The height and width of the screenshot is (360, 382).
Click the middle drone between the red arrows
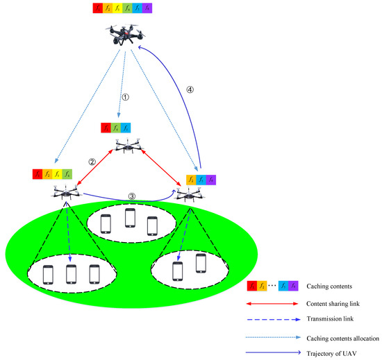click(x=126, y=145)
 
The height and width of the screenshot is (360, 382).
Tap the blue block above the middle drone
click(x=126, y=128)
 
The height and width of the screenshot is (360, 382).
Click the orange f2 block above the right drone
click(x=191, y=179)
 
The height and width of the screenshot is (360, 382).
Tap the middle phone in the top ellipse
click(x=129, y=218)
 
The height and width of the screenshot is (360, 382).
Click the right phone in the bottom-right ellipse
click(x=201, y=264)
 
